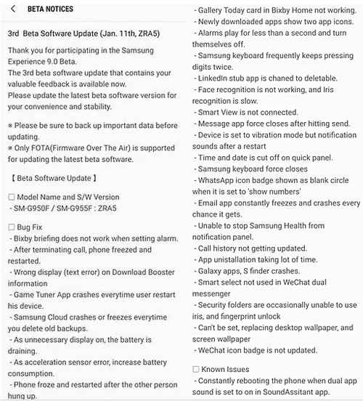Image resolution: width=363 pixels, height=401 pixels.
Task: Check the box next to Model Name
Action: coord(11,197)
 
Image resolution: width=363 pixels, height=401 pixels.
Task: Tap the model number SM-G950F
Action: coord(36,208)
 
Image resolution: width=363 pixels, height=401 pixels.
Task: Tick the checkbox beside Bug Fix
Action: coord(11,228)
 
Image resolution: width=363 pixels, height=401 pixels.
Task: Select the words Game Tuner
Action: coord(34,296)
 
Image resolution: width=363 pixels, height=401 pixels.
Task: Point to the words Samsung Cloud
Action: coord(41,319)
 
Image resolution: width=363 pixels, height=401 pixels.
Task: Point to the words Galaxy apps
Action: coord(221,272)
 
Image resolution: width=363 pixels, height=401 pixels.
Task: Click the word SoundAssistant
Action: coord(295,392)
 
